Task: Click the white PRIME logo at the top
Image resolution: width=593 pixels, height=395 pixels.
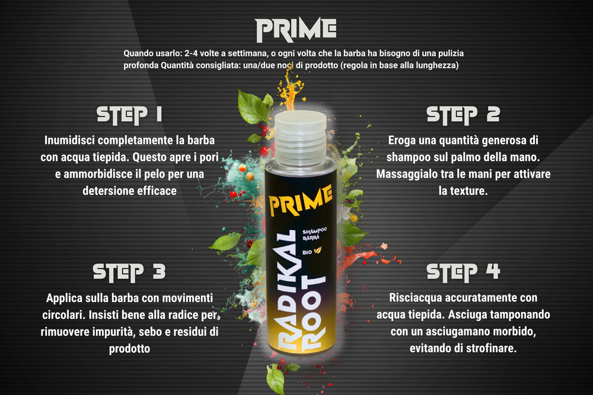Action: (295, 30)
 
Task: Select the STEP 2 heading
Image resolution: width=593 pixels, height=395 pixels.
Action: (463, 114)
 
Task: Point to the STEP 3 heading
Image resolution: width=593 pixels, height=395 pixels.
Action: (129, 271)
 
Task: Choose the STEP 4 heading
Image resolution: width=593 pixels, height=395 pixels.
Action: (463, 271)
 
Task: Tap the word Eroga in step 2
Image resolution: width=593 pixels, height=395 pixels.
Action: (403, 141)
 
